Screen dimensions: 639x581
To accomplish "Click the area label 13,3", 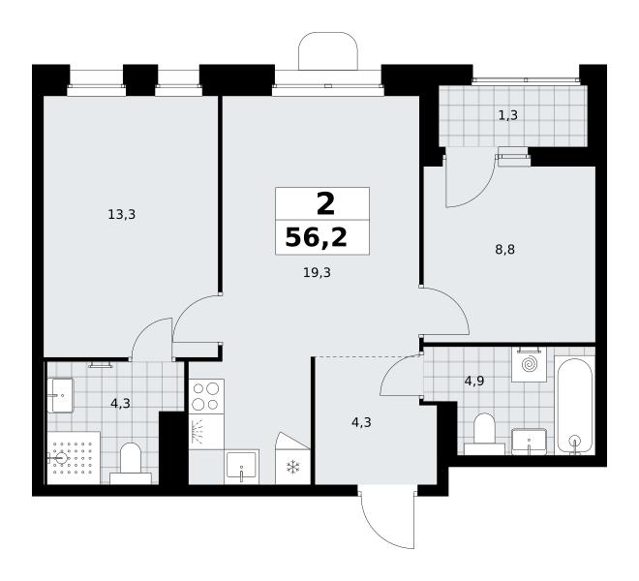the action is [x=121, y=214].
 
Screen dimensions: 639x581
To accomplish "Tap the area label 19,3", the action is [x=317, y=272].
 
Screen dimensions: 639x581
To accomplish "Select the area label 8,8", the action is [x=505, y=249].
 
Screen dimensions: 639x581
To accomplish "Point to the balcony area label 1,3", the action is [x=508, y=115].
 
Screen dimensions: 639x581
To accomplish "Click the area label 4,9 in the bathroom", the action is [x=474, y=382].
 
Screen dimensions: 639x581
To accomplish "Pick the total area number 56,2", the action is [x=317, y=237].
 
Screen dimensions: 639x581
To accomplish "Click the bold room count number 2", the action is [x=325, y=204].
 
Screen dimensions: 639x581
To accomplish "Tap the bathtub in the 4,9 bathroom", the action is [x=575, y=405].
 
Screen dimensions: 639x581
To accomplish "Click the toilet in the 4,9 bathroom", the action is [x=484, y=434].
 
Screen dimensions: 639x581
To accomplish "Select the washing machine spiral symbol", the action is [x=529, y=364].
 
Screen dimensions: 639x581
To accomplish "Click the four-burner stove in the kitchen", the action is [x=206, y=396].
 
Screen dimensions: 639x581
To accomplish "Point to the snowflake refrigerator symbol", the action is [x=292, y=468].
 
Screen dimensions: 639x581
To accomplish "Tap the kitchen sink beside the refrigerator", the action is [x=241, y=467].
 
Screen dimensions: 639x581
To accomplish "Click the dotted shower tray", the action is [x=74, y=458].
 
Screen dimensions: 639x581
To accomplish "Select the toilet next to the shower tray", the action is [x=131, y=464].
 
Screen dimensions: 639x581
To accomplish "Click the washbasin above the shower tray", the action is [x=60, y=395].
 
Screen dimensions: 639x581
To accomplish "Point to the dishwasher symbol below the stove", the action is [x=206, y=432].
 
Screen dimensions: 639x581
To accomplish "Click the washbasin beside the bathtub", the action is [x=529, y=442].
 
